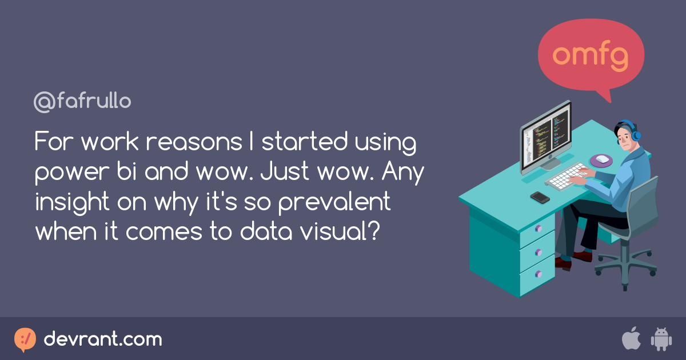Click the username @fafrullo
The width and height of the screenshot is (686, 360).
82,101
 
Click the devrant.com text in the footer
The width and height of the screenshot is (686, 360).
103,339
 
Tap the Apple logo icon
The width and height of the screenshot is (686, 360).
631,338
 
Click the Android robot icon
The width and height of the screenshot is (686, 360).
661,339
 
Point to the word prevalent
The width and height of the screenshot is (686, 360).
334,202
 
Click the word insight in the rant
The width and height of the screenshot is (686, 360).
72,202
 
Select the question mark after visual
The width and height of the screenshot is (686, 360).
374,231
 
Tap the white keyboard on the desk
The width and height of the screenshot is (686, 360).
567,177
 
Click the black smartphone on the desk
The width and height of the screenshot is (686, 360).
540,197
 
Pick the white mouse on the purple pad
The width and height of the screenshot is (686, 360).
603,159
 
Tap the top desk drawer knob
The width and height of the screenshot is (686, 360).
539,229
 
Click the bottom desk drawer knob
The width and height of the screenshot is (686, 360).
539,274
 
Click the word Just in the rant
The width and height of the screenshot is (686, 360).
284,171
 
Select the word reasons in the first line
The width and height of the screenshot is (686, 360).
194,142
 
